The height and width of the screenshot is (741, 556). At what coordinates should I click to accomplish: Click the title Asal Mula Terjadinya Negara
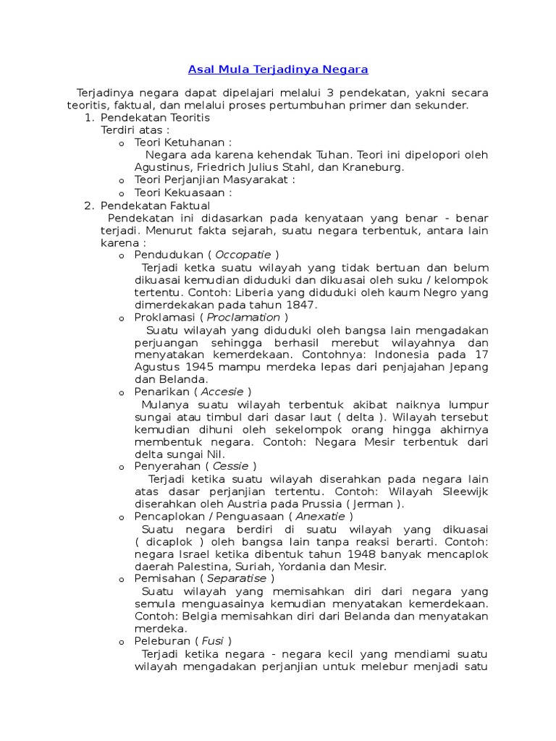point(278,69)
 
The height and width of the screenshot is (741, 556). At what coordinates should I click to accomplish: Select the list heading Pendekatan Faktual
point(154,206)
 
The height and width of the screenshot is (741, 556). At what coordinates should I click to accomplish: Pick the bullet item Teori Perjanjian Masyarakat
point(215,180)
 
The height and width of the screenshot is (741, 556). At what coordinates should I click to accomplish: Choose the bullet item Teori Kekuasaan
point(183,192)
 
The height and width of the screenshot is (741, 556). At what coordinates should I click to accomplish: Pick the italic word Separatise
point(238,578)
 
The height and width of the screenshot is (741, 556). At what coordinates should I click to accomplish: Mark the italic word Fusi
point(212,641)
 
